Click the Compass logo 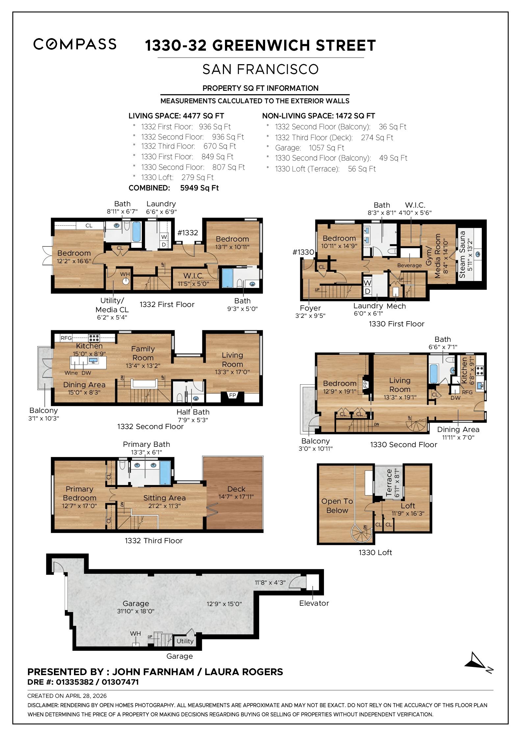coord(75,44)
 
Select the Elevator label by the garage coord(314,603)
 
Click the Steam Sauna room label coord(462,255)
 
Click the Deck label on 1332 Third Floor coord(236,489)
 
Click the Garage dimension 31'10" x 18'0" coord(136,611)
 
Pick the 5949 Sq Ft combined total coord(199,188)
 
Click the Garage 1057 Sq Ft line coord(310,148)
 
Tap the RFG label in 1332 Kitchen coord(66,338)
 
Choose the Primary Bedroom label coord(80,494)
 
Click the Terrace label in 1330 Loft coord(389,483)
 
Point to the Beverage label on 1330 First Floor coord(409,265)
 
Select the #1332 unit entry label coord(187,233)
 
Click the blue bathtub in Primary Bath coord(165,472)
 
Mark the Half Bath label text coord(193,412)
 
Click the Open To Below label coord(337,506)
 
